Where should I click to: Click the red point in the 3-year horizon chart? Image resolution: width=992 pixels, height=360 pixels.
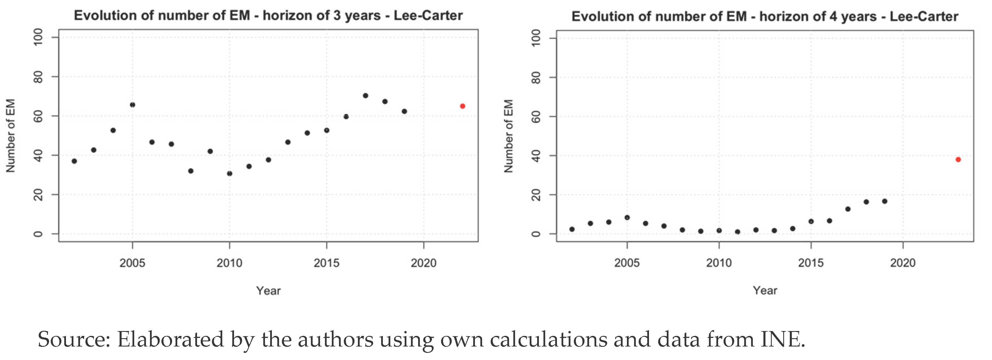click(x=463, y=106)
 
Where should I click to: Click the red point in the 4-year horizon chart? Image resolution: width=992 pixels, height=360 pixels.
click(x=958, y=159)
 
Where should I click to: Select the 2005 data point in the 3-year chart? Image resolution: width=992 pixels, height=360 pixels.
click(x=132, y=105)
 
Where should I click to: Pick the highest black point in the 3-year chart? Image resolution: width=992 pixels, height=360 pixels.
click(x=365, y=96)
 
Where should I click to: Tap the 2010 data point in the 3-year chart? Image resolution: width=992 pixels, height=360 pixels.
click(x=229, y=174)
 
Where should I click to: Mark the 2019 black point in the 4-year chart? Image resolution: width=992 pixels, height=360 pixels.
click(x=884, y=201)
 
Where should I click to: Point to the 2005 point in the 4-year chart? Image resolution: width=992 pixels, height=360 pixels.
click(x=627, y=217)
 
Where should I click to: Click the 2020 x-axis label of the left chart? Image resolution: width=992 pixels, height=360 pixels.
click(x=424, y=263)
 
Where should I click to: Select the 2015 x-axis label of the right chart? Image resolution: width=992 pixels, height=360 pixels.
click(x=811, y=263)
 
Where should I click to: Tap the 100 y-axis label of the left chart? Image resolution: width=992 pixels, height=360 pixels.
click(x=38, y=38)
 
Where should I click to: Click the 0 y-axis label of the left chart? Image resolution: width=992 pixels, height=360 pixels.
click(x=38, y=234)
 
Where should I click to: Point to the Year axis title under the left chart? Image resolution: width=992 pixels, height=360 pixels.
click(x=268, y=291)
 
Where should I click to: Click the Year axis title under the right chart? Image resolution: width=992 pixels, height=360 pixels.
click(x=765, y=291)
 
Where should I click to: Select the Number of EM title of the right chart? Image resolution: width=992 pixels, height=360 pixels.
click(x=508, y=136)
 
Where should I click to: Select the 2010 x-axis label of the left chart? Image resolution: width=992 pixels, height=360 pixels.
click(x=229, y=263)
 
